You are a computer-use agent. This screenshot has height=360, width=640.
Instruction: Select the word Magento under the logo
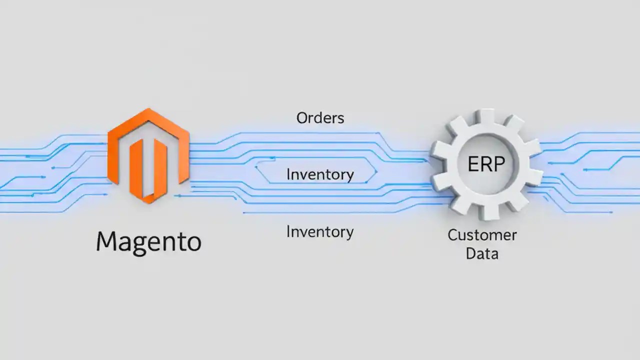coord(148,242)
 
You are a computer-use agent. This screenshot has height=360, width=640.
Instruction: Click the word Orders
coord(320,118)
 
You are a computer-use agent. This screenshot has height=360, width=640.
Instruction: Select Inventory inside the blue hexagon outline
coord(320,174)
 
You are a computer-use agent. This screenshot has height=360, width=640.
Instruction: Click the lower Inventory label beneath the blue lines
coord(320,232)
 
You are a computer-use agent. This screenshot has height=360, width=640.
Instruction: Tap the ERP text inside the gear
coord(486,164)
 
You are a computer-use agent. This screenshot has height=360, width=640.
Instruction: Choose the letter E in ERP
coord(473,164)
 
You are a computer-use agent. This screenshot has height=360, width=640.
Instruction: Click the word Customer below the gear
coord(482,235)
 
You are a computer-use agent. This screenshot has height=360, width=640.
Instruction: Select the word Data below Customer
coord(482,253)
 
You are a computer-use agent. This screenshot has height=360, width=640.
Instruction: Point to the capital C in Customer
coord(453,235)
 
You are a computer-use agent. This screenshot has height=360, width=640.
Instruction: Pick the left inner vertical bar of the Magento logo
coord(136,167)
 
